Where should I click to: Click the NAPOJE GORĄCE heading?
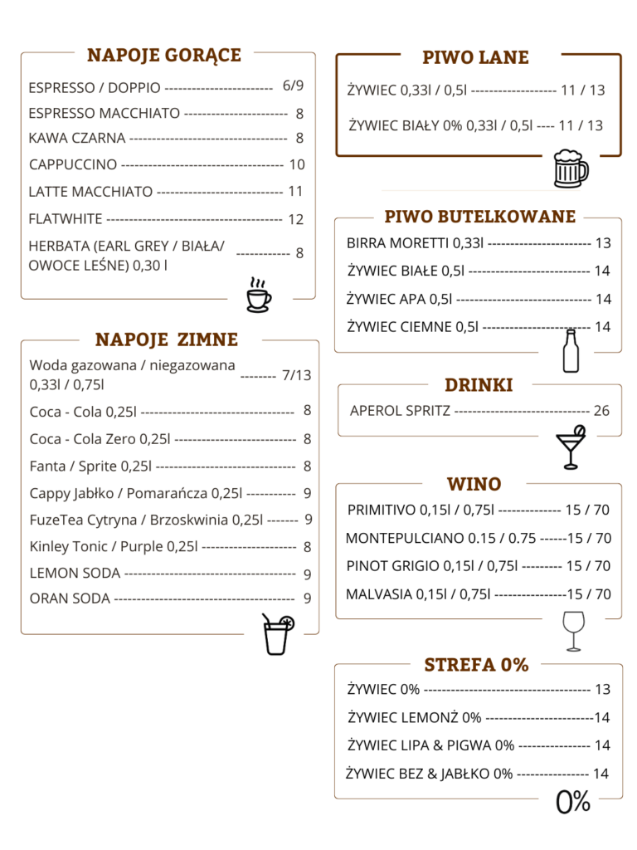click(164, 56)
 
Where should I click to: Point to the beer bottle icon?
click(570, 351)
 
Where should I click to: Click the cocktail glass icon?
click(571, 447)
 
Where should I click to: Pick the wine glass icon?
click(572, 631)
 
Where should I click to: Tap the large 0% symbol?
click(573, 801)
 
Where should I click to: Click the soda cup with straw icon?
click(276, 635)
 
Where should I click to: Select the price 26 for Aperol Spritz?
click(601, 411)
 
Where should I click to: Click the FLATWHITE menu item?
click(66, 219)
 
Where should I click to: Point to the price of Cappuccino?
click(297, 164)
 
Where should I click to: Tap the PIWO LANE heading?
click(475, 57)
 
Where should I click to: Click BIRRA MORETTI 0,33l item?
click(416, 243)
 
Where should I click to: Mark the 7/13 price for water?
click(296, 375)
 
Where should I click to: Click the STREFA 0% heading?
click(476, 665)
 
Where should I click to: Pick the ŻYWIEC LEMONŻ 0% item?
click(414, 717)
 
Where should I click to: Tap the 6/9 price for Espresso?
click(293, 85)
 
